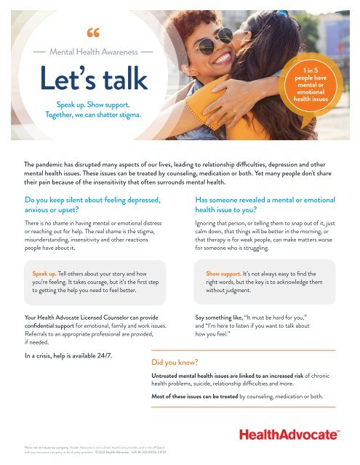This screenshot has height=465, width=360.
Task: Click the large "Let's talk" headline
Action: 92,79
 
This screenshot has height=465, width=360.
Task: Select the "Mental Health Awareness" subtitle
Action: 92,52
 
